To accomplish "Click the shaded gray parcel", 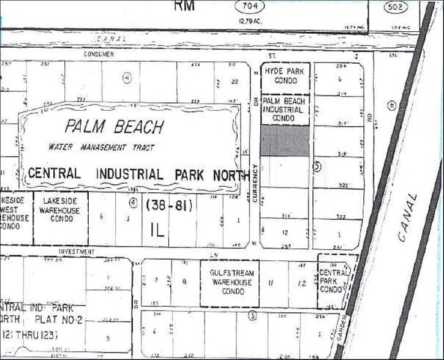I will pyautogui.click(x=285, y=141).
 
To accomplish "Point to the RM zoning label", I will pyautogui.click(x=184, y=6).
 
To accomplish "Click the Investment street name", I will pyautogui.click(x=77, y=252).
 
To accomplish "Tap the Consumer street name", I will pyautogui.click(x=99, y=54).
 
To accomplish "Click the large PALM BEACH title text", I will pyautogui.click(x=115, y=127).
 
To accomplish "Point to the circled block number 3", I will pyautogui.click(x=251, y=316).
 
